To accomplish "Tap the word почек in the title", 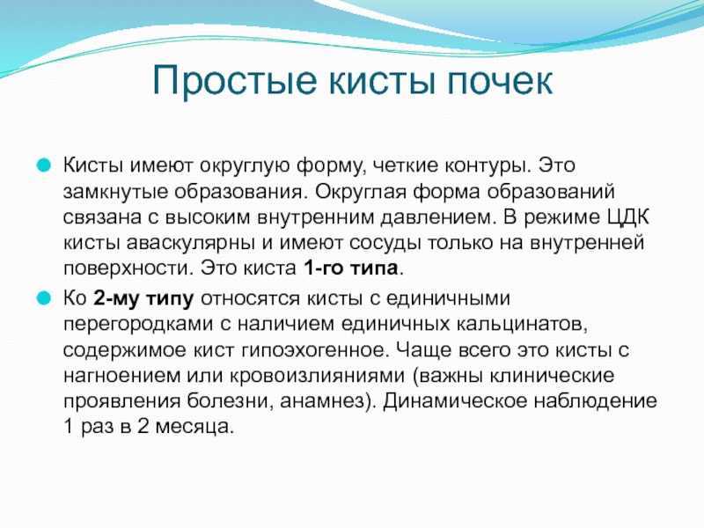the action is click(501, 81).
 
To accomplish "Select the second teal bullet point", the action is click(43, 298).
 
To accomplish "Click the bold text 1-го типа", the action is click(351, 268).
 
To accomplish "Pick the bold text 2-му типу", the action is click(143, 299).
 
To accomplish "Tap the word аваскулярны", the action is click(191, 244).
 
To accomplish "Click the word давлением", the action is click(436, 217).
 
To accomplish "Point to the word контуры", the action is click(488, 166).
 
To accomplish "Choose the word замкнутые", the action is click(115, 192).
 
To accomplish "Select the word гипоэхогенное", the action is click(314, 350).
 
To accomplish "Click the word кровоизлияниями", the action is click(317, 376).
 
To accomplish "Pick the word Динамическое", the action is click(454, 400).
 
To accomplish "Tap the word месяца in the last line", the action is click(194, 427).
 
